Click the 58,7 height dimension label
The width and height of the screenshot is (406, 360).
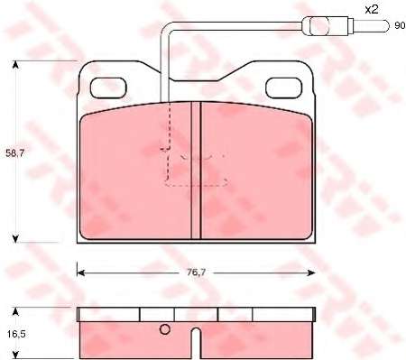(15, 153)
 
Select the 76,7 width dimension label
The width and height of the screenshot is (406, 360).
(196, 272)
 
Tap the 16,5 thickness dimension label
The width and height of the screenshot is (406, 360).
(15, 334)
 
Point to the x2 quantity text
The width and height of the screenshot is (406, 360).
(372, 10)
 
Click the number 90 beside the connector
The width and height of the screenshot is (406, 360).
(400, 26)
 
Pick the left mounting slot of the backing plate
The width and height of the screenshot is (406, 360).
(108, 88)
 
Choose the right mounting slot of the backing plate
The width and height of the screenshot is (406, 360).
(283, 88)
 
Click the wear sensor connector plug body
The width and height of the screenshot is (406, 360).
(328, 25)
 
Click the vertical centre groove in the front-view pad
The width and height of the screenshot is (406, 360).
(196, 171)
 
